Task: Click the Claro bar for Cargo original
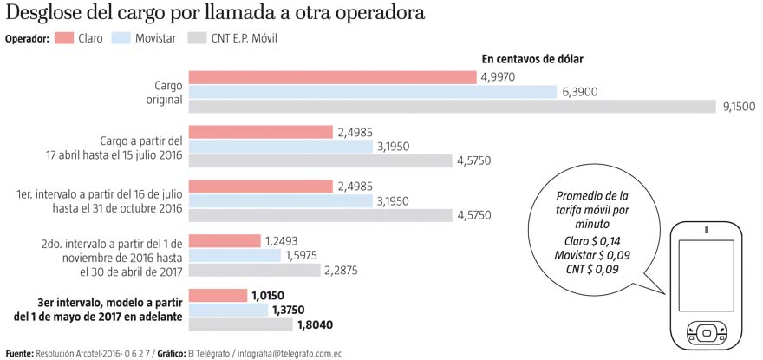point(333,77)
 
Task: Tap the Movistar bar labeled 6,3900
point(373,92)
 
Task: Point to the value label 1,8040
point(316,325)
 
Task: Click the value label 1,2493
point(282,240)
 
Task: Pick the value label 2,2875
point(341,270)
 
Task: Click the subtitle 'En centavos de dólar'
point(531,59)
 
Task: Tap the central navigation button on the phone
point(707,332)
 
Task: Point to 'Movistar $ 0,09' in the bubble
point(593,254)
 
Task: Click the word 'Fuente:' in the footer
point(19,353)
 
